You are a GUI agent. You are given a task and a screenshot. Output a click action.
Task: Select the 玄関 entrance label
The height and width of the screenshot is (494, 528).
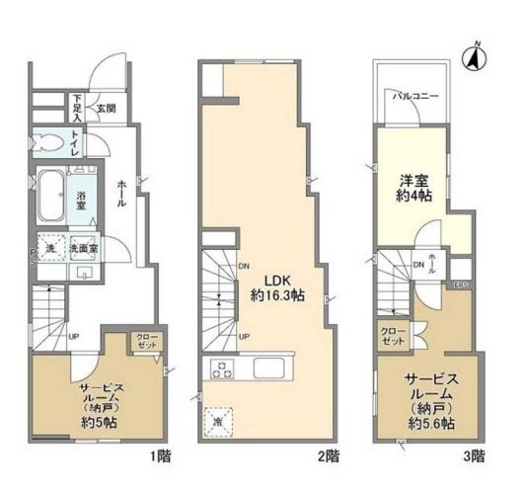[x=106, y=108]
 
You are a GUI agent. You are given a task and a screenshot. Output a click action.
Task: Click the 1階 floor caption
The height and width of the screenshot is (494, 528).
[x=161, y=455]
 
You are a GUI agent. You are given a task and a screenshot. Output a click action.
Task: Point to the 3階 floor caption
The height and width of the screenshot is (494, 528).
[x=476, y=455]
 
